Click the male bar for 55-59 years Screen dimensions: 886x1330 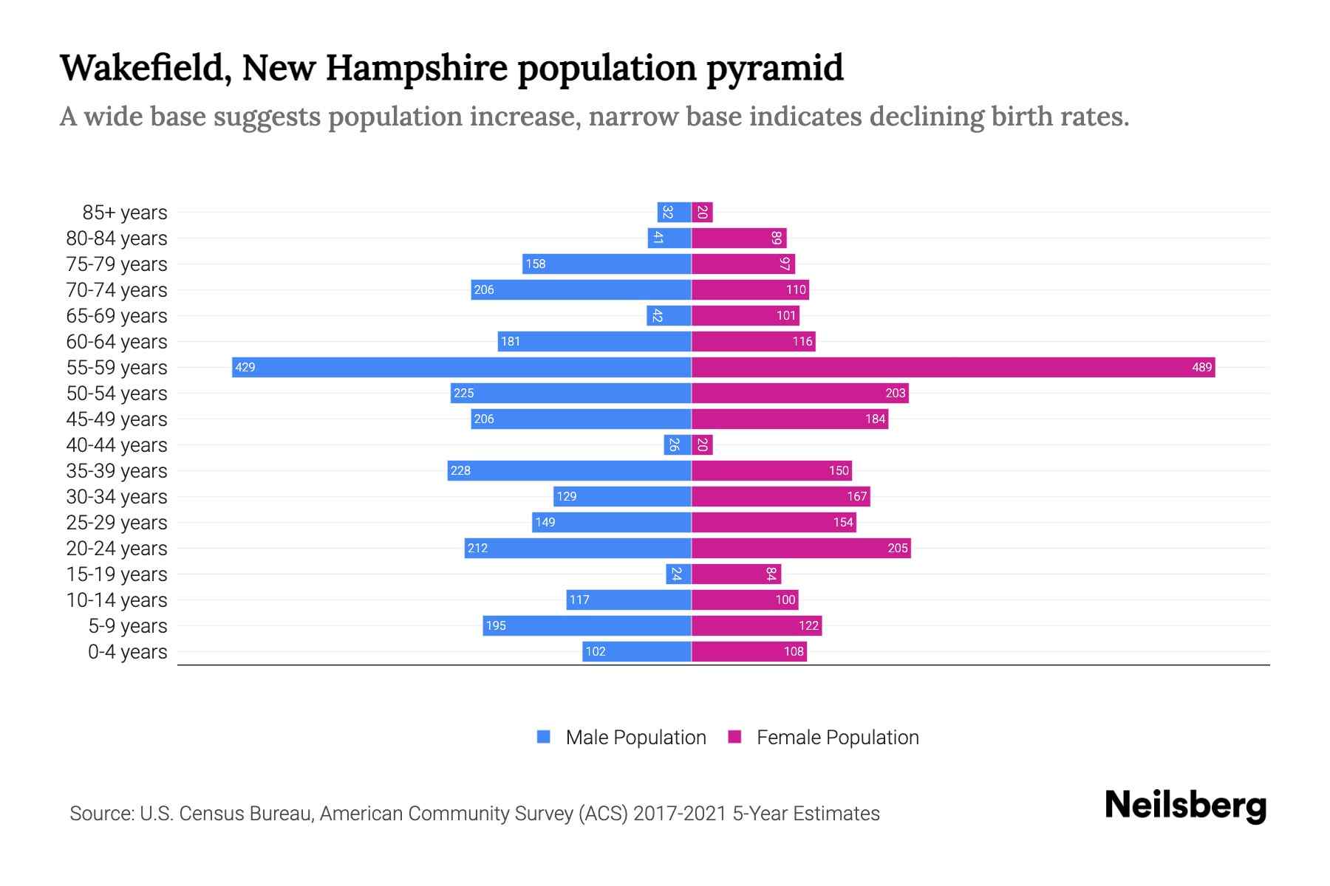pos(462,367)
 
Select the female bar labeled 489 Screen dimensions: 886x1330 pos(953,367)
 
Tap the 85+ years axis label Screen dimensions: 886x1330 pos(125,213)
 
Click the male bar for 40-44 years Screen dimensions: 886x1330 pos(677,444)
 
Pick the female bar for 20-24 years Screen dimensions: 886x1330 pos(801,548)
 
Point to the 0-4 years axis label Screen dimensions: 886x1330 pos(127,652)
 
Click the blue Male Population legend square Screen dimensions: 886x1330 pos(544,737)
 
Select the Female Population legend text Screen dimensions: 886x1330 pos(837,738)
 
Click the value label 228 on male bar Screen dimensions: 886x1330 pos(460,470)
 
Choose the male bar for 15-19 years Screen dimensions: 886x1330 pos(678,574)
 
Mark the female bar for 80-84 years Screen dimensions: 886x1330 pos(739,238)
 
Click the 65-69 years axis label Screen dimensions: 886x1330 pos(117,316)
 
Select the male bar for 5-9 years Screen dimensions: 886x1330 pos(587,625)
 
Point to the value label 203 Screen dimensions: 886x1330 pos(895,393)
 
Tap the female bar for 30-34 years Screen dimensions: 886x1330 pos(780,496)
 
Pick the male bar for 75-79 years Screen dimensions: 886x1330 pos(607,264)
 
